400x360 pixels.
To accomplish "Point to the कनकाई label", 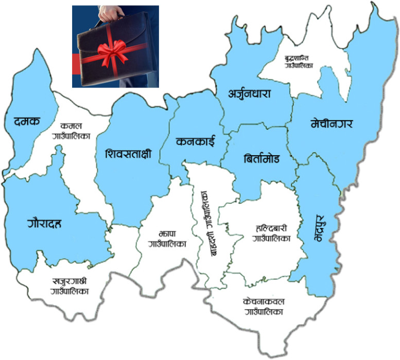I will [x=194, y=141].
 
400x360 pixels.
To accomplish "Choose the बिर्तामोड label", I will [x=262, y=158].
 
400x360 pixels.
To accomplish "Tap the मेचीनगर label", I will [x=334, y=123].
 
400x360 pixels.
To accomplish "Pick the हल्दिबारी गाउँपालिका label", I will [x=271, y=234].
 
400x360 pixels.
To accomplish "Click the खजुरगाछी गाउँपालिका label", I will [x=70, y=286].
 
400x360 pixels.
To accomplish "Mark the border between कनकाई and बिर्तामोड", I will [x=225, y=150].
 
